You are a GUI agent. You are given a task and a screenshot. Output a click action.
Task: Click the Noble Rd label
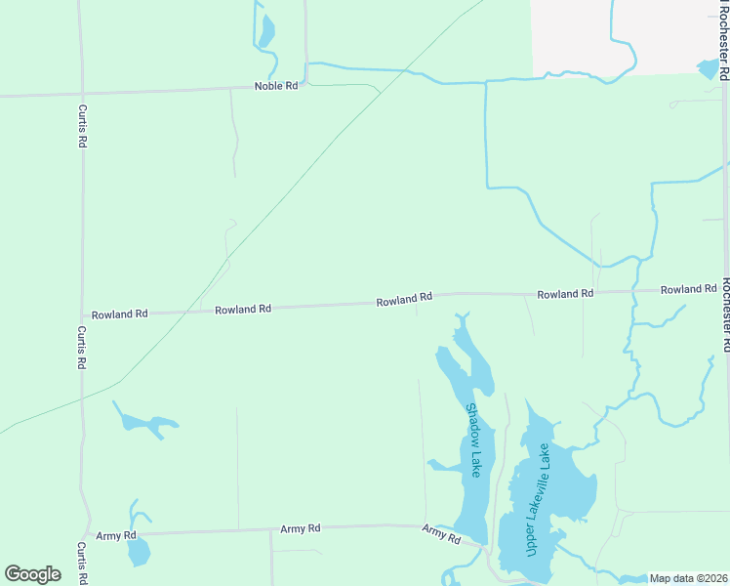pyautogui.click(x=275, y=86)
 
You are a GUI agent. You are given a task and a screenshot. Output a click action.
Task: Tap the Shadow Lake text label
pyautogui.click(x=474, y=439)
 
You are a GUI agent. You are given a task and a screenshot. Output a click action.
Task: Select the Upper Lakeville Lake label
pyautogui.click(x=538, y=499)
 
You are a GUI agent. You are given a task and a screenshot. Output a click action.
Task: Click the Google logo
pyautogui.click(x=32, y=573)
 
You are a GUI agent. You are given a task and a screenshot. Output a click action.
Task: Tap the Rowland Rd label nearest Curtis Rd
pyautogui.click(x=119, y=314)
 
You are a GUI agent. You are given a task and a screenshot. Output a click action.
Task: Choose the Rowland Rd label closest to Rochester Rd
pyautogui.click(x=688, y=290)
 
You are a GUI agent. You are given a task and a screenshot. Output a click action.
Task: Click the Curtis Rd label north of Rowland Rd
pyautogui.click(x=82, y=126)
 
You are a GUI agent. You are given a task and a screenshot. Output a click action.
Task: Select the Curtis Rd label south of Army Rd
pyautogui.click(x=82, y=564)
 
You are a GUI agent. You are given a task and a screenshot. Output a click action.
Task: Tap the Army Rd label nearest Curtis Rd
pyautogui.click(x=116, y=536)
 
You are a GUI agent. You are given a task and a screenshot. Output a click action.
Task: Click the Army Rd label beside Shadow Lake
pyautogui.click(x=441, y=533)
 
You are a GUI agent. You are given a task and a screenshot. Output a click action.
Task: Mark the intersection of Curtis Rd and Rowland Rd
pyautogui.click(x=82, y=315)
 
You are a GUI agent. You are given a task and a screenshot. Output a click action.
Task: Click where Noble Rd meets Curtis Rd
pyautogui.click(x=81, y=94)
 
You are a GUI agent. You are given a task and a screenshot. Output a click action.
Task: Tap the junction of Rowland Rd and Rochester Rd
pyautogui.click(x=724, y=289)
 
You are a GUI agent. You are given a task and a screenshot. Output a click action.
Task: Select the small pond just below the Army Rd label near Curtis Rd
pyautogui.click(x=139, y=552)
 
